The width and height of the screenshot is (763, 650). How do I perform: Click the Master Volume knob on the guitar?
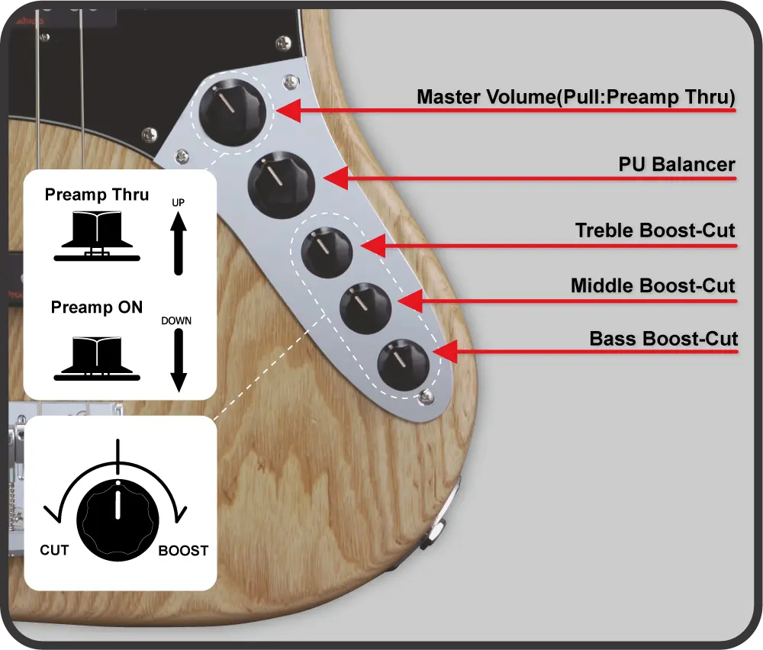click(233, 112)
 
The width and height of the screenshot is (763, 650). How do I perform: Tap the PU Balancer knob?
click(282, 185)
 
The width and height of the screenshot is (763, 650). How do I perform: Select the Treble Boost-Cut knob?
click(327, 252)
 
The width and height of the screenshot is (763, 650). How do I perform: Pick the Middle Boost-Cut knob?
click(365, 308)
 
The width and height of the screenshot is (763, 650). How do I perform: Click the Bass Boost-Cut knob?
click(404, 365)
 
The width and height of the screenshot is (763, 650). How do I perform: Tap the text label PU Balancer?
click(676, 165)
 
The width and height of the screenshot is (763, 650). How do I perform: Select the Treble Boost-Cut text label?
click(655, 230)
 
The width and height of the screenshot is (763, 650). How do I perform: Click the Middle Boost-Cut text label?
click(652, 285)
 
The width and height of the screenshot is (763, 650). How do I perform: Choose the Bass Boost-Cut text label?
click(664, 339)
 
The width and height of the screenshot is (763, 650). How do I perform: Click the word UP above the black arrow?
click(178, 202)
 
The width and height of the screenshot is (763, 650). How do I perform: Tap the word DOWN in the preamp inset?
click(176, 320)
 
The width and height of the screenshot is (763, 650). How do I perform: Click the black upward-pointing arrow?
click(179, 244)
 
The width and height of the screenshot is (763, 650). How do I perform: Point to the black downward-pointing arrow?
click(179, 361)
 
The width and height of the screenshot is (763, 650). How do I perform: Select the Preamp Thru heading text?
click(97, 195)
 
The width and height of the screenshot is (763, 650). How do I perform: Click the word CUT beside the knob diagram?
click(54, 550)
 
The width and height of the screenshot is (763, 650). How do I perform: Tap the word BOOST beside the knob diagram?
click(183, 550)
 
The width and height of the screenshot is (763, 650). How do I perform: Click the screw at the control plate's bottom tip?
click(427, 397)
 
